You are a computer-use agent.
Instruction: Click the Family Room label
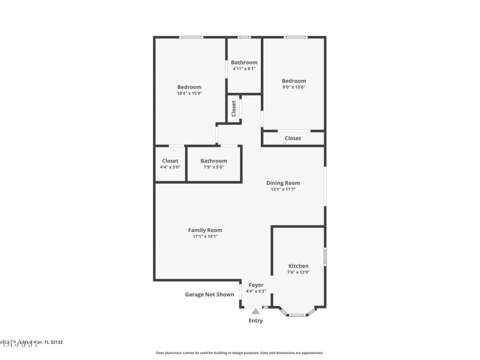(205, 230)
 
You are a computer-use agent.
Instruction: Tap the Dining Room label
(283, 183)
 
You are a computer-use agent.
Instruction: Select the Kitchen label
(298, 266)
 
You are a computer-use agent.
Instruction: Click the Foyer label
(256, 285)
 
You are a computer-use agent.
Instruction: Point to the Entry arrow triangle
(255, 311)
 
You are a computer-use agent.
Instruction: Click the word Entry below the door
(255, 321)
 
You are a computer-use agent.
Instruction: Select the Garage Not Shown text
(209, 294)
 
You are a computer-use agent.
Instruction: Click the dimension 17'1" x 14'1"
(205, 236)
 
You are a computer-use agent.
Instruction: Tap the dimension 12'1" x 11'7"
(283, 189)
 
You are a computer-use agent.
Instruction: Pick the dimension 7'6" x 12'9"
(298, 272)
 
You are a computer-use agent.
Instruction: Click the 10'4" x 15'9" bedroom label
(189, 87)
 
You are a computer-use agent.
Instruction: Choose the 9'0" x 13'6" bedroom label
(294, 81)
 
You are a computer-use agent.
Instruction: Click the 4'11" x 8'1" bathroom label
(244, 62)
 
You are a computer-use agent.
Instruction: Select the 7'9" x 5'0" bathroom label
(213, 161)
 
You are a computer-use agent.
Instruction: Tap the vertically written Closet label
(234, 108)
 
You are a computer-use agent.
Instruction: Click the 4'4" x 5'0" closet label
(170, 161)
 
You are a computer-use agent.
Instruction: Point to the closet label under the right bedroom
(293, 138)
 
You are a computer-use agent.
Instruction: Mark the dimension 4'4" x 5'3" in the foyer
(256, 291)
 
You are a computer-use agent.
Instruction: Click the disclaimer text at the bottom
(239, 353)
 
